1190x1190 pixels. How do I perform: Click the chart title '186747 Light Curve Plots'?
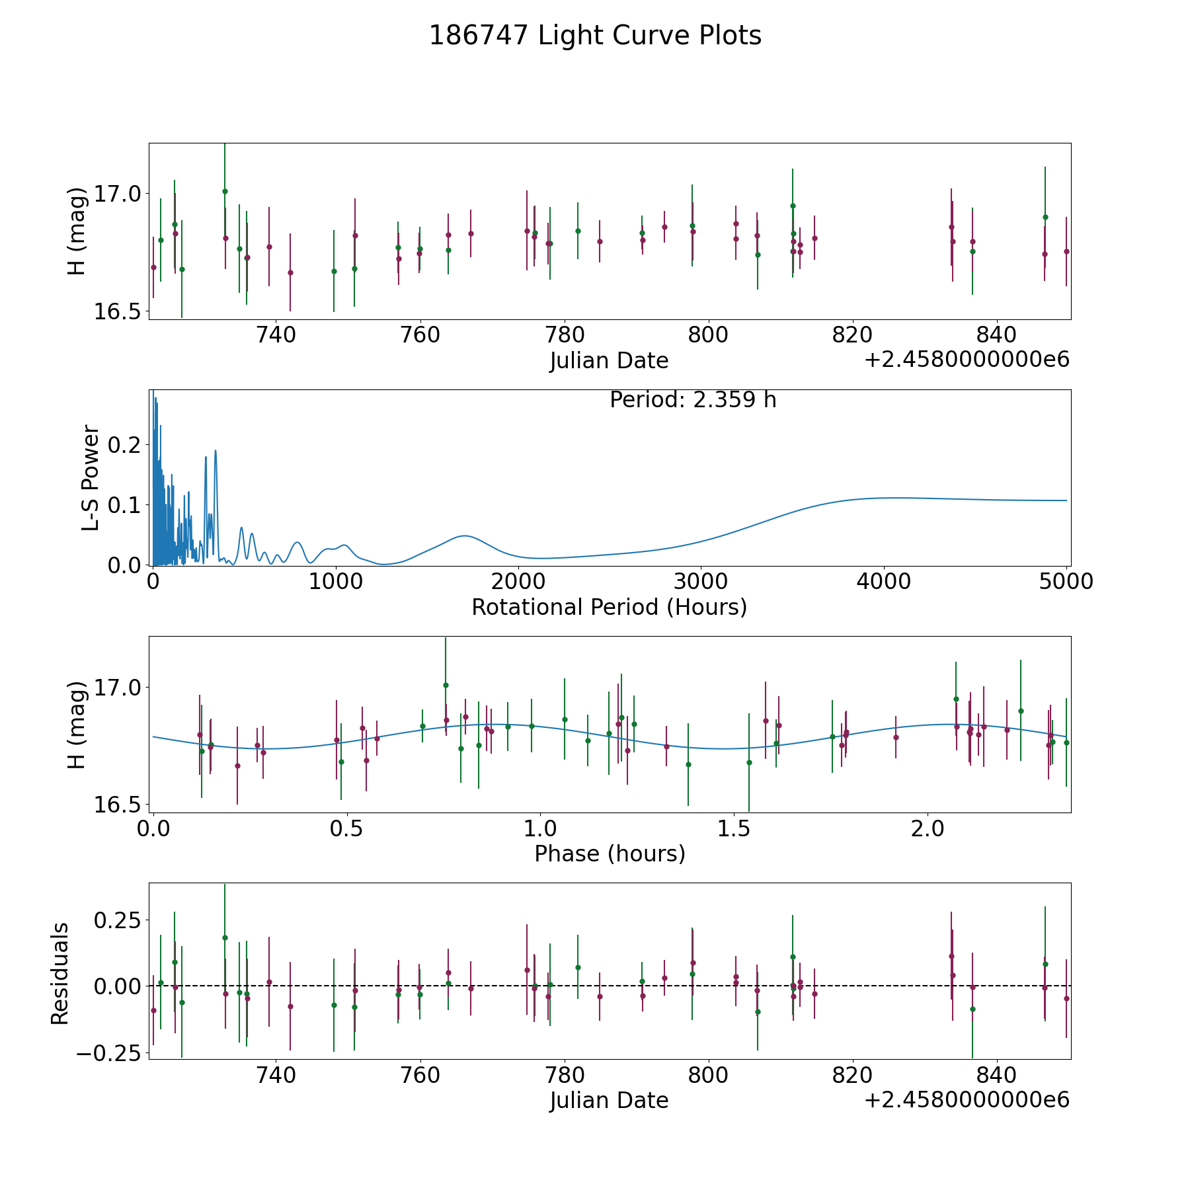595,36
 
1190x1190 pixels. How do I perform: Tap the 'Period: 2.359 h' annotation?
692,400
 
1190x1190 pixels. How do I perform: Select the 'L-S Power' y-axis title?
91,477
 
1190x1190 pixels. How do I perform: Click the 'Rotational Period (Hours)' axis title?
609,607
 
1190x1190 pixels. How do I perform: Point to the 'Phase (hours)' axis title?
609,853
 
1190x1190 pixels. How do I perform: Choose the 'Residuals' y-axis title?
60,973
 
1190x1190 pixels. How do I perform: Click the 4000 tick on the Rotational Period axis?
883,582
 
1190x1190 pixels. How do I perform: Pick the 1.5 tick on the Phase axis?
734,829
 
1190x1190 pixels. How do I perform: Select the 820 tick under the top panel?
852,335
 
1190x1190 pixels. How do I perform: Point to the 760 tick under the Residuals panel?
420,1076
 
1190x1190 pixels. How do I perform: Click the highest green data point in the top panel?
225,191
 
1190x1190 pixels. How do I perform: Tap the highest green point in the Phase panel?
446,685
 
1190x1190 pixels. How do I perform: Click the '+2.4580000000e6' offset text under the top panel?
967,360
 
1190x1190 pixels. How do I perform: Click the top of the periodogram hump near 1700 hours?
465,535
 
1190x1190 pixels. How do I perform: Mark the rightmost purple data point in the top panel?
1066,251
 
